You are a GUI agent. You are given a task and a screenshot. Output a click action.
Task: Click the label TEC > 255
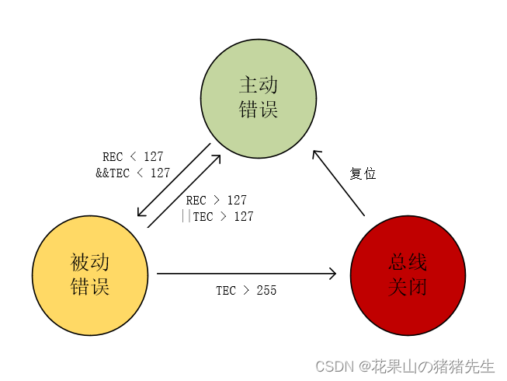(246, 291)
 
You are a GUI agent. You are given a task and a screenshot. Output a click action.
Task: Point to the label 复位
(363, 174)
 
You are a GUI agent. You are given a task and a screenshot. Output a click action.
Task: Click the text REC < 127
(133, 157)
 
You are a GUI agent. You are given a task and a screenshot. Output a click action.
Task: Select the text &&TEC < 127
(133, 173)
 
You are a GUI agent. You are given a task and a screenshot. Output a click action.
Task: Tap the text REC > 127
(216, 201)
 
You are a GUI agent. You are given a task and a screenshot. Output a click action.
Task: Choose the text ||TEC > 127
(217, 217)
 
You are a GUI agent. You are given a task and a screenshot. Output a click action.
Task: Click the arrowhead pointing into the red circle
(332, 273)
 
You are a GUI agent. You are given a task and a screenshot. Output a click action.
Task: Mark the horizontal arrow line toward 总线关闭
(241, 273)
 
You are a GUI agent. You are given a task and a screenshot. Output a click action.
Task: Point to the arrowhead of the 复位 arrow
(317, 155)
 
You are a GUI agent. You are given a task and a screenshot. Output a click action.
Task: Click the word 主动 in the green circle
(259, 84)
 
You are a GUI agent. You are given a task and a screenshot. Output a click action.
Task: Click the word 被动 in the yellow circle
(90, 262)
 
